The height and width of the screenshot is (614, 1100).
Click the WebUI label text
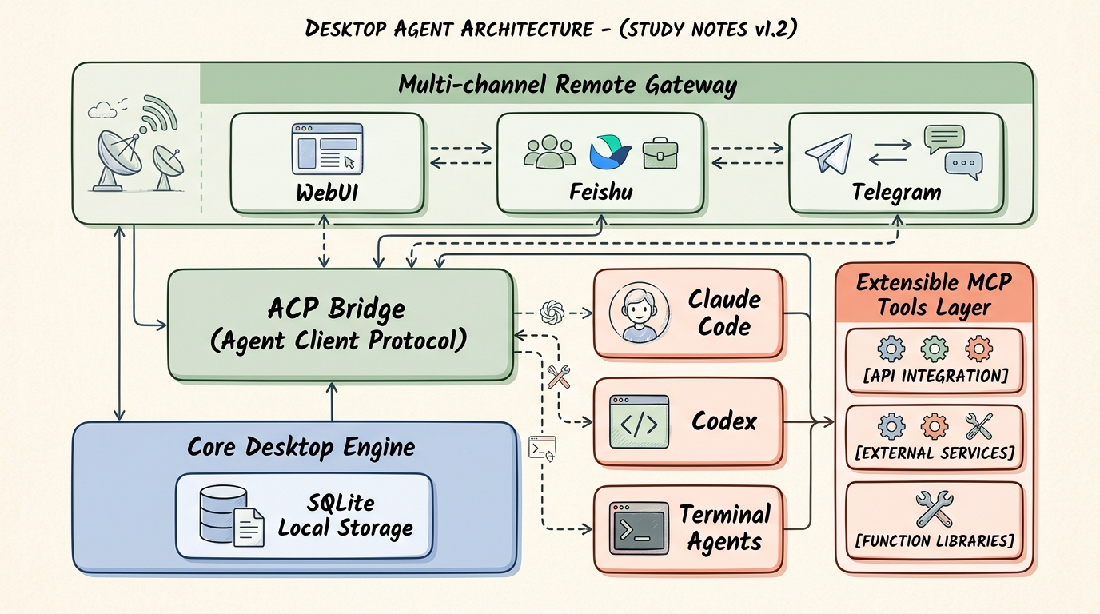pos(327,192)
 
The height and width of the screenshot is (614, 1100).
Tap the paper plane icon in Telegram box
pos(829,153)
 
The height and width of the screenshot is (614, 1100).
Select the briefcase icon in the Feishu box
pos(660,153)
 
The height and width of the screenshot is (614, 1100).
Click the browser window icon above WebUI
pos(327,149)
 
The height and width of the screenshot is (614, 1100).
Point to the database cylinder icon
pos(224,513)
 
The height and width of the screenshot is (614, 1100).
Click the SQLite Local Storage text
pos(345,516)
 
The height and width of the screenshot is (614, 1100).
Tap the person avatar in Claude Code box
pos(639,313)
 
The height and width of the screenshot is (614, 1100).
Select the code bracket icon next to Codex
pos(639,422)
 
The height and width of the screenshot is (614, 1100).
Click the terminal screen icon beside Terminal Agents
pos(639,528)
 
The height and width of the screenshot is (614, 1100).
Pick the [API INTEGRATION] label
pos(935,376)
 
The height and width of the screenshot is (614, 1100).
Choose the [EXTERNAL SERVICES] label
pos(935,453)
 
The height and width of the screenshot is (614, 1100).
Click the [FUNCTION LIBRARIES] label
pos(935,540)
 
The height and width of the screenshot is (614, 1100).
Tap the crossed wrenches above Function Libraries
pos(935,508)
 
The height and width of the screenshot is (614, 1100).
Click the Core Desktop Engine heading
pos(301,447)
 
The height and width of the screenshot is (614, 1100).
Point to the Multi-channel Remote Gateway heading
pos(568,85)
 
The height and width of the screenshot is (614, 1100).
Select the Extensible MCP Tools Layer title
pos(934,295)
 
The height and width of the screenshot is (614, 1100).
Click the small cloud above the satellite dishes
pos(102,110)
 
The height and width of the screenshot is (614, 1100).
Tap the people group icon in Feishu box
pos(550,152)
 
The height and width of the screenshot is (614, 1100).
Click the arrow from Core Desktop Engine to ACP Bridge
pos(332,402)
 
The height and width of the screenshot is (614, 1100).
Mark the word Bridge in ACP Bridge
pos(367,309)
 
